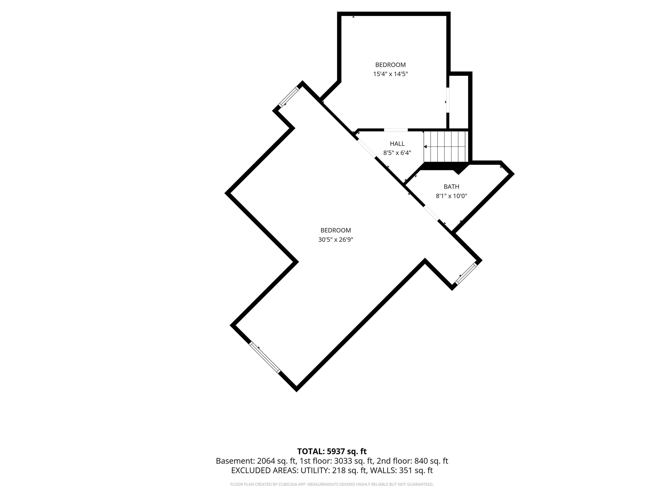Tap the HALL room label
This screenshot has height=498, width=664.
(397, 144)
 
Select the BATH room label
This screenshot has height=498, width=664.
(452, 187)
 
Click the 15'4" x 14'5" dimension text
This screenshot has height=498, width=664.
(391, 74)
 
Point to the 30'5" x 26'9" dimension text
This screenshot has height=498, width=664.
(336, 239)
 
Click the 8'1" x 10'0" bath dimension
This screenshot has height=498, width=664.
(452, 196)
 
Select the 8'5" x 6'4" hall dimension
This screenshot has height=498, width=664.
(397, 153)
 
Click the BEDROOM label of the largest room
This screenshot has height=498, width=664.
(336, 230)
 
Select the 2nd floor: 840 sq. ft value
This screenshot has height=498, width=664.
(412, 461)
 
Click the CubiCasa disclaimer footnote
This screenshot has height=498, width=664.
(332, 484)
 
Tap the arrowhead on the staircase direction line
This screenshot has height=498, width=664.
(425, 147)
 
